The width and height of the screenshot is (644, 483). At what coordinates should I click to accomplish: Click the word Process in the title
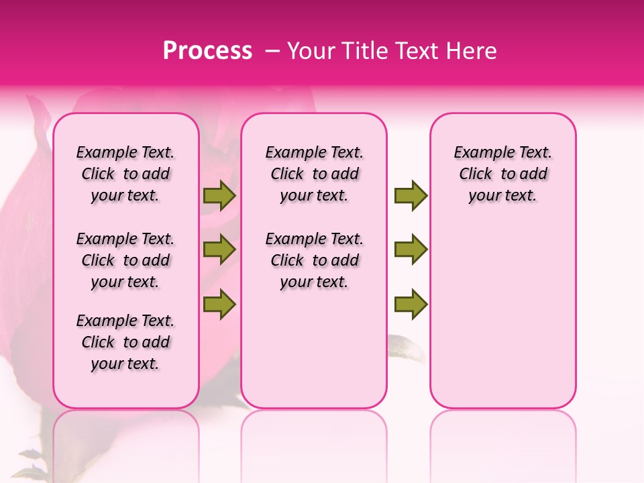[x=207, y=51]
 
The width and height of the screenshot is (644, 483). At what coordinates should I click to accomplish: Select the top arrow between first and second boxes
[x=219, y=195]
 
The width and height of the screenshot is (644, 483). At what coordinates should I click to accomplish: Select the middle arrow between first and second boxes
[x=219, y=250]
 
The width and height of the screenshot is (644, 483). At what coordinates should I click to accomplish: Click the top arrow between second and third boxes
[x=411, y=195]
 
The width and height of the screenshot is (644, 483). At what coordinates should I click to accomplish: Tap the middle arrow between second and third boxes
[x=411, y=250]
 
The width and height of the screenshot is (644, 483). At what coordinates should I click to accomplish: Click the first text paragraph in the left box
[x=125, y=174]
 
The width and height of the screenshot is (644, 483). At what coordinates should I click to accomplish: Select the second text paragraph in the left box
[x=125, y=260]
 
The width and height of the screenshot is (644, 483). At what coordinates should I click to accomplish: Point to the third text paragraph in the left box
[x=125, y=342]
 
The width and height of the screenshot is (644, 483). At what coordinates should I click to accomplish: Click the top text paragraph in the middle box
[x=314, y=174]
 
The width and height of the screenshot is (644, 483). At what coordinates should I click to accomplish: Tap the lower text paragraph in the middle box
[x=314, y=260]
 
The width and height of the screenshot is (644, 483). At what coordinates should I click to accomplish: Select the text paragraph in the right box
[x=502, y=174]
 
